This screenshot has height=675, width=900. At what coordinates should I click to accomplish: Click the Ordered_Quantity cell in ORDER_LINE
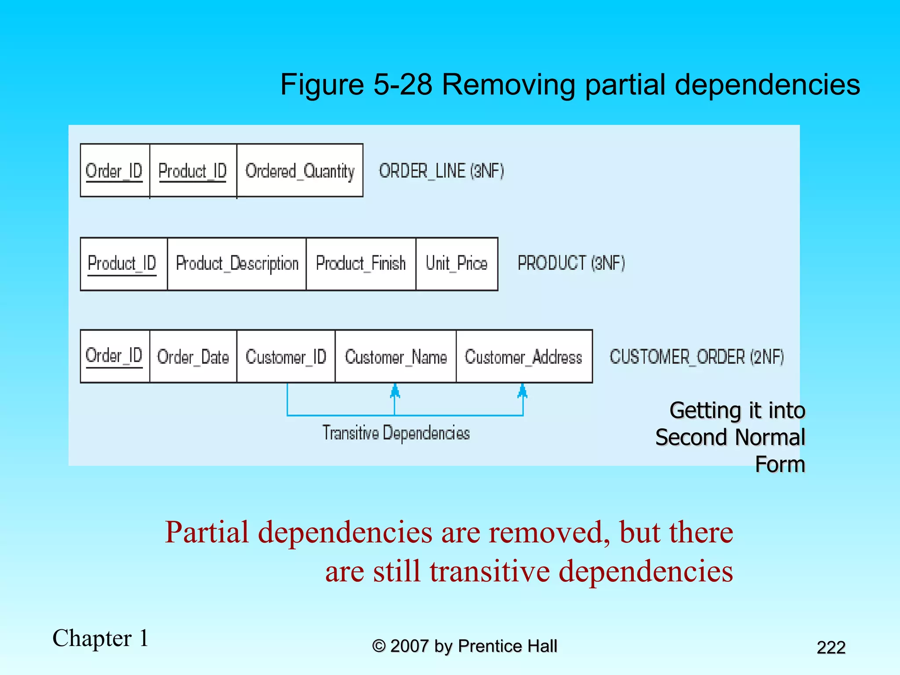click(300, 171)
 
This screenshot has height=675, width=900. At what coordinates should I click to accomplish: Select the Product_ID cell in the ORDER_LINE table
click(193, 171)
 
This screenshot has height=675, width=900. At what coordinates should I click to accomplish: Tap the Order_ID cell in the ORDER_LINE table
click(114, 171)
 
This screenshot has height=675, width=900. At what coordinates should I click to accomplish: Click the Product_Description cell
click(237, 264)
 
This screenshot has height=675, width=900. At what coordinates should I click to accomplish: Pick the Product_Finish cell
click(361, 264)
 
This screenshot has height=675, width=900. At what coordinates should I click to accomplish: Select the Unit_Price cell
click(457, 264)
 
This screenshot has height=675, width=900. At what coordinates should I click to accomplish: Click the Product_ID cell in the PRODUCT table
click(123, 264)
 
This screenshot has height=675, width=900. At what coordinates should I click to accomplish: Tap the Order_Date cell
click(193, 356)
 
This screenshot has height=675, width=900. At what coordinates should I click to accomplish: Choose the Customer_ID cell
click(286, 356)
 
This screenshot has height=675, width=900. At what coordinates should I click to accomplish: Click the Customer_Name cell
click(396, 356)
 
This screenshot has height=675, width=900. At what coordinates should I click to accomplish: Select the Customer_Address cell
click(524, 356)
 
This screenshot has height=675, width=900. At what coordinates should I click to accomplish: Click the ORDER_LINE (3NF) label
click(441, 171)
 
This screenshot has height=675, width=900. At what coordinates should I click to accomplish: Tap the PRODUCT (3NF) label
click(571, 263)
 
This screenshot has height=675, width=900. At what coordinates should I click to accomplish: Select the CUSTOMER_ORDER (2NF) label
click(697, 356)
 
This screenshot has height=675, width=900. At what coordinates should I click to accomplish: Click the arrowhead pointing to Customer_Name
click(395, 390)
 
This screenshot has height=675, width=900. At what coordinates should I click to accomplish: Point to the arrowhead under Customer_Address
click(523, 390)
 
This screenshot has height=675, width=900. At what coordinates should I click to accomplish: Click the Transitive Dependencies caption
click(396, 433)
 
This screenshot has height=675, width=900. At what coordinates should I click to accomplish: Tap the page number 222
click(831, 647)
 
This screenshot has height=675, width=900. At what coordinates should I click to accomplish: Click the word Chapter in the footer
click(92, 638)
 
